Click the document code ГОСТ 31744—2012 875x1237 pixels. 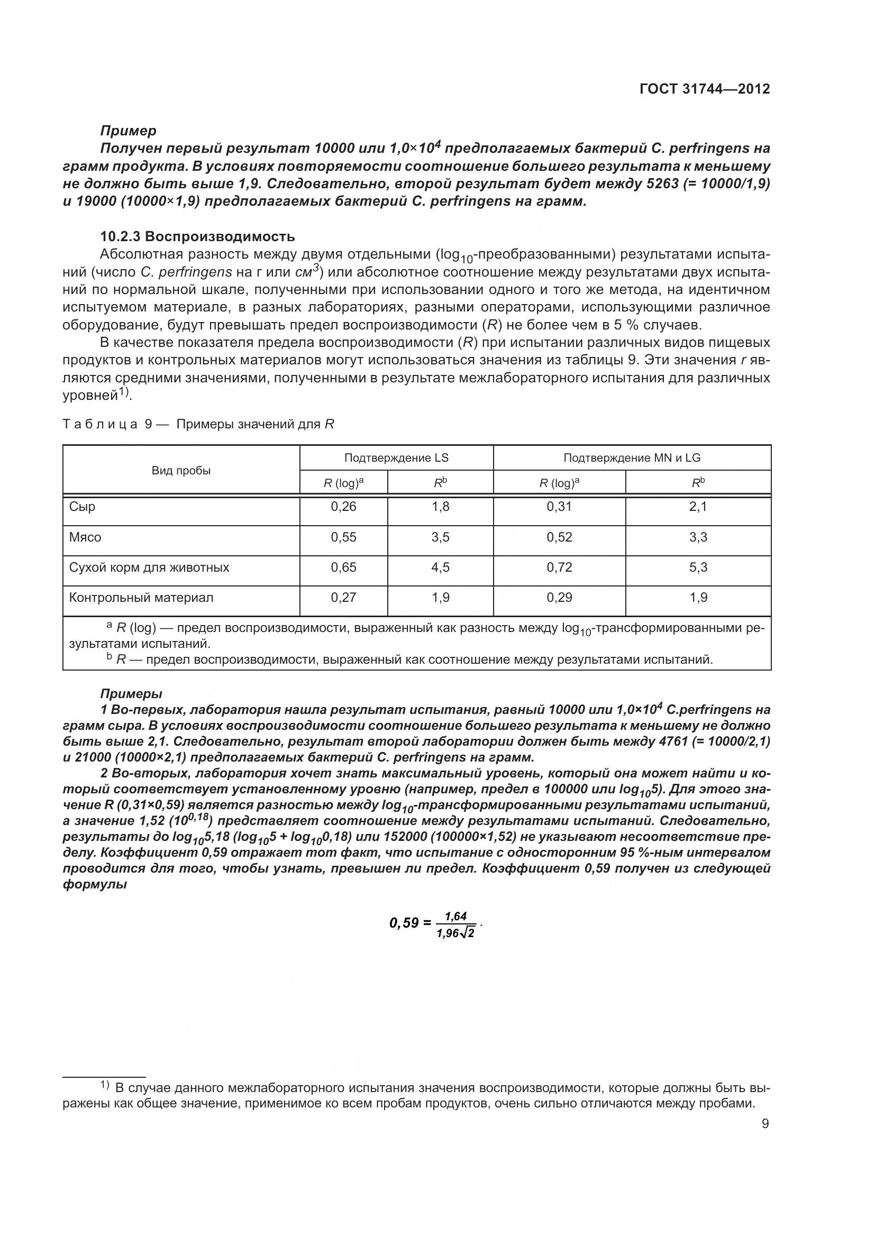click(x=705, y=89)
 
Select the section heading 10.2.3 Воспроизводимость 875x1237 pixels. click(x=198, y=236)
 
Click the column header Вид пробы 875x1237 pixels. click(x=181, y=470)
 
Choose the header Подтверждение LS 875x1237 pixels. click(x=396, y=458)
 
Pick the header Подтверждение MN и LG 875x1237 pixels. click(x=632, y=458)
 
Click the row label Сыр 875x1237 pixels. click(x=83, y=507)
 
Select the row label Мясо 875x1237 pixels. click(x=85, y=537)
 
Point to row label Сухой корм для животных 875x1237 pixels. click(x=149, y=567)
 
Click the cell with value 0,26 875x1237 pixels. click(x=343, y=507)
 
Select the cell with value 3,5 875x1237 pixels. click(x=440, y=537)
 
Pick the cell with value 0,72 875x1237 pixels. click(x=559, y=567)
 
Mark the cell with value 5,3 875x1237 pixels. click(x=698, y=567)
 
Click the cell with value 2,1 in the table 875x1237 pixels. click(x=698, y=507)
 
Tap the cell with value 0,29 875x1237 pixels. click(x=559, y=598)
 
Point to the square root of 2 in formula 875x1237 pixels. click(x=467, y=933)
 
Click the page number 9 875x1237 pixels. click(x=765, y=1124)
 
